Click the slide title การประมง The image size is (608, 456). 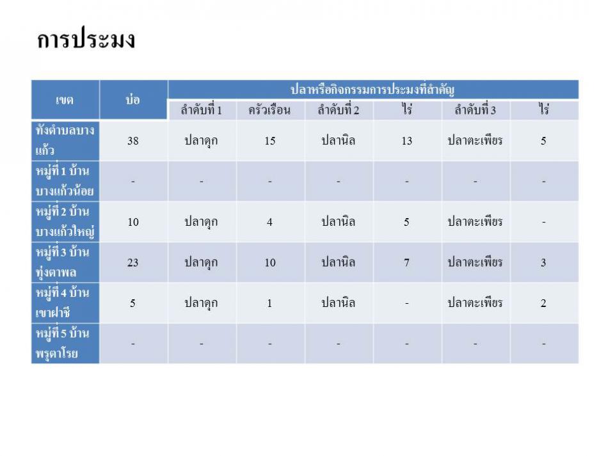pos(86,39)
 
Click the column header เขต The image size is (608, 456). pos(65,100)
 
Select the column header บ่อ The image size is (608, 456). pos(133,99)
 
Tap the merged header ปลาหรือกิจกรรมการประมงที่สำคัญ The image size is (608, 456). pos(372,90)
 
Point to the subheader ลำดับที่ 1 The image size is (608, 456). pos(201,110)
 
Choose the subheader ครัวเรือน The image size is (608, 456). pos(269,110)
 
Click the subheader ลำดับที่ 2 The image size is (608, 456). pos(338,110)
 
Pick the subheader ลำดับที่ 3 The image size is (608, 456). pos(475,110)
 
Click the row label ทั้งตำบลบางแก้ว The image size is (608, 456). pos(65,140)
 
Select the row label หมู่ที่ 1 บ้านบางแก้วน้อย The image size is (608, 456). pos(65,181)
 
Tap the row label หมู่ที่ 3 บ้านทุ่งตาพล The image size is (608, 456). pos(63,262)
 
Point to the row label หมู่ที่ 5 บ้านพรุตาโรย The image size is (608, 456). pos(63,343)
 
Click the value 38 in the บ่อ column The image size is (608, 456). pos(133,141)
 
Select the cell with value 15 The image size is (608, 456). pos(270,141)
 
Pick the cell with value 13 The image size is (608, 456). pos(407,141)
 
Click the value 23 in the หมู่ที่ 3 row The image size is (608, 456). pos(133,263)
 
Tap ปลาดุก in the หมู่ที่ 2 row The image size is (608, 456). pos(201,222)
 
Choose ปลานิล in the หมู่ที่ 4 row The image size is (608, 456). pos(338,303)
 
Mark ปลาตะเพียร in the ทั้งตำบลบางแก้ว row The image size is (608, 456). pos(475,140)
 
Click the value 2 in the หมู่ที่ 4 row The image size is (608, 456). pos(543,303)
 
